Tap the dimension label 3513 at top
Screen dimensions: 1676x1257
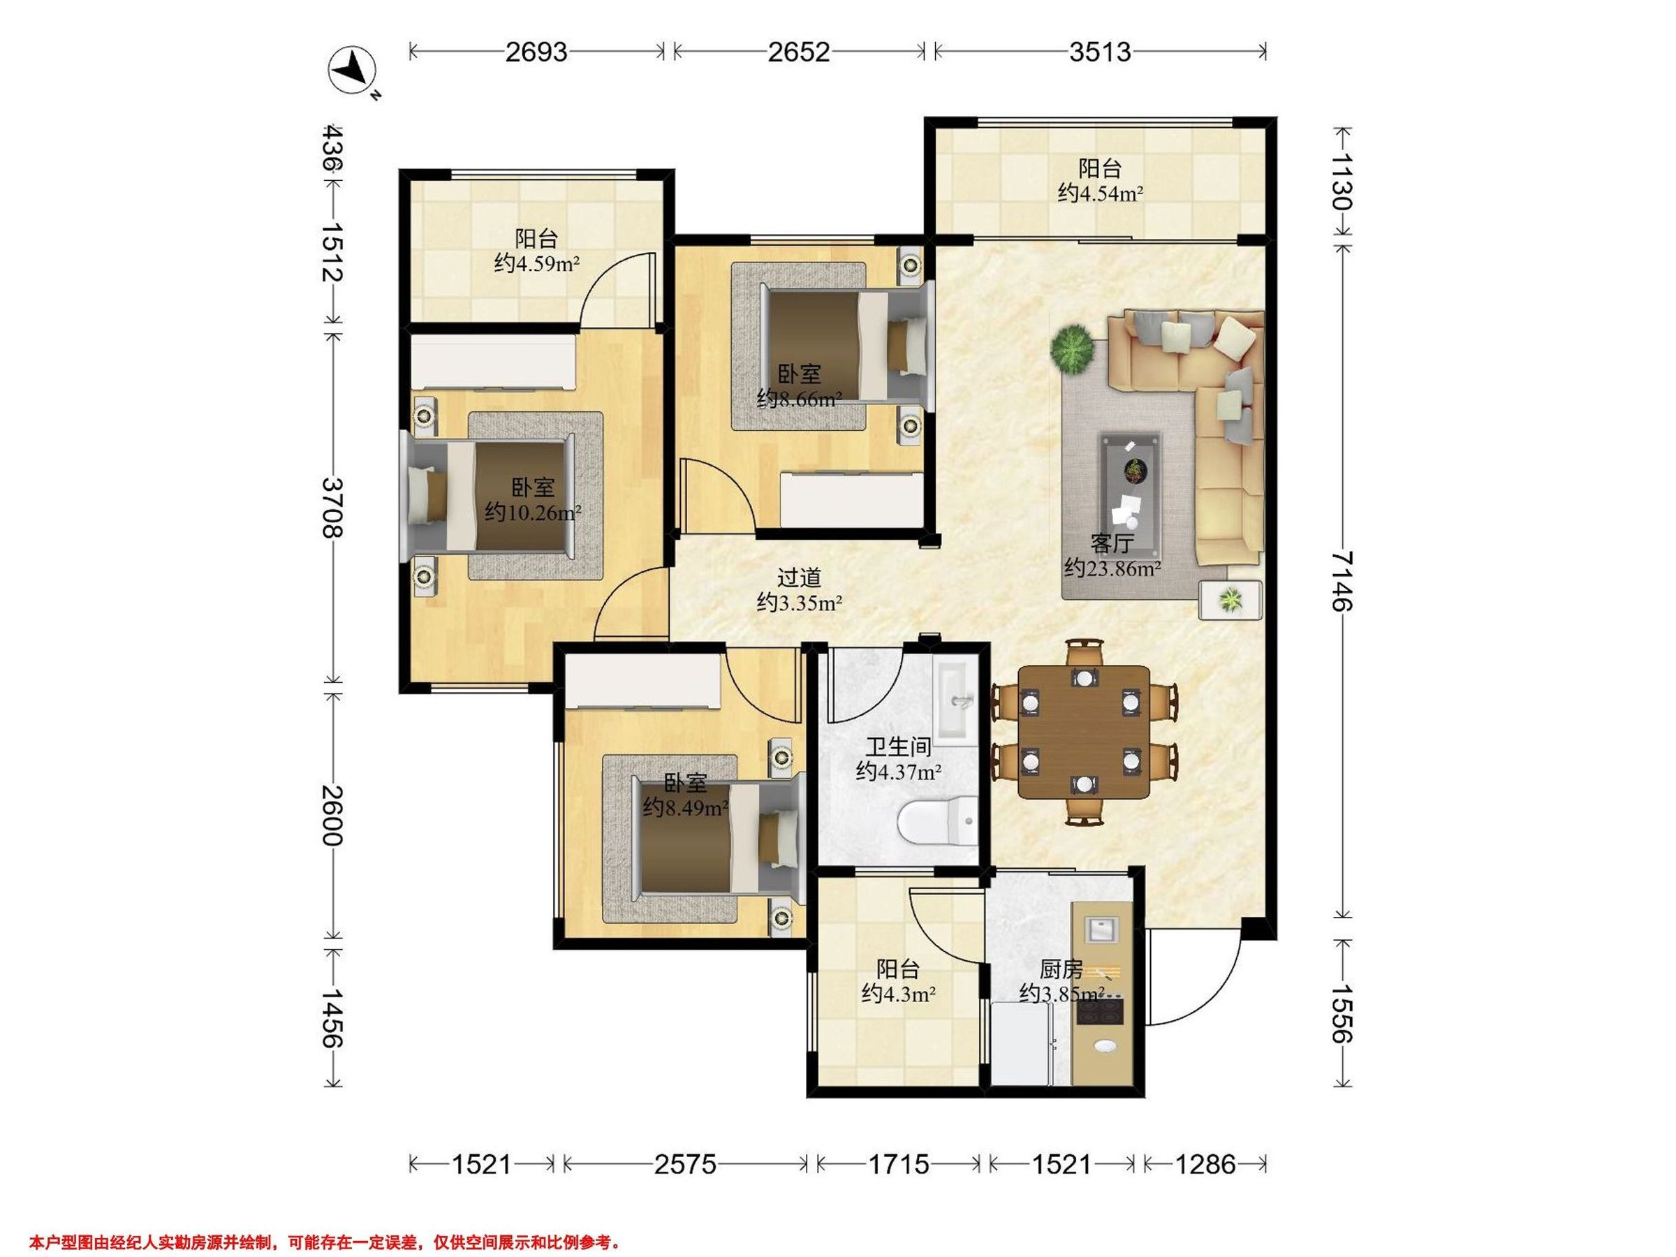1099,52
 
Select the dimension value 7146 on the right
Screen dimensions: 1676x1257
1341,580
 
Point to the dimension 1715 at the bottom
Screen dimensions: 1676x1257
898,1164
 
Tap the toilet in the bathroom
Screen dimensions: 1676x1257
936,822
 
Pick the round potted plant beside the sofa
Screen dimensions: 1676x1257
1072,348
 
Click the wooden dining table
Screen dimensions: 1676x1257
1085,733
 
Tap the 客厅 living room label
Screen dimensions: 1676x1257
1112,543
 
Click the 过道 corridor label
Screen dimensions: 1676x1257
799,578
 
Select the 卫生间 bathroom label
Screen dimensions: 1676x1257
899,747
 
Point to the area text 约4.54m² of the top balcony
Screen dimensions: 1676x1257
1100,193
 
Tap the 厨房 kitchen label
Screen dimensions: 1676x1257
1061,969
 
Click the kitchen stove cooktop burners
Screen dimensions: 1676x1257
1099,1010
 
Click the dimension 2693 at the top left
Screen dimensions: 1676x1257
536,52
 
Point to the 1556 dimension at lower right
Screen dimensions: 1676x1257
1341,1013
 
